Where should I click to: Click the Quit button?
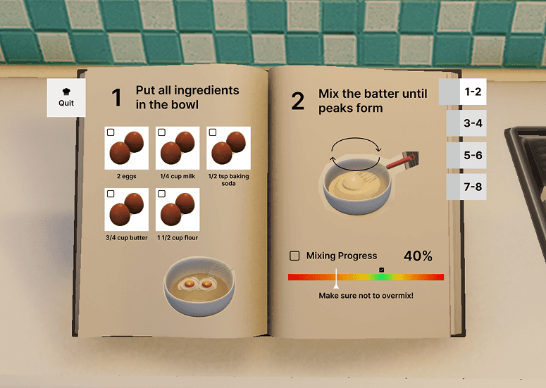pos(66,98)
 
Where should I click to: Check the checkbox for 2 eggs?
pos(111,132)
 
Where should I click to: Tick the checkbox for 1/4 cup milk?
pos(161,132)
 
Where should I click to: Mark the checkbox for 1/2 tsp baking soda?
pos(213,132)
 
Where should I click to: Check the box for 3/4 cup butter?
pos(111,194)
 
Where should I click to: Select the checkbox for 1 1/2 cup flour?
pos(161,194)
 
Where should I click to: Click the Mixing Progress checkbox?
pos(294,256)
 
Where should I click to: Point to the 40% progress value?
pos(418,256)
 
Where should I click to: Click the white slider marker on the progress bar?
pos(336,278)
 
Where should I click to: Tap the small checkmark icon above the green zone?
pos(382,270)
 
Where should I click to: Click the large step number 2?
pos(298,101)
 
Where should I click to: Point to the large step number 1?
pos(117,97)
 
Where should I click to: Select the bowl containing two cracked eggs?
pos(199,287)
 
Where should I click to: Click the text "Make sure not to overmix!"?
pos(366,296)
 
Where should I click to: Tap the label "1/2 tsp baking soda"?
pos(228,180)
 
